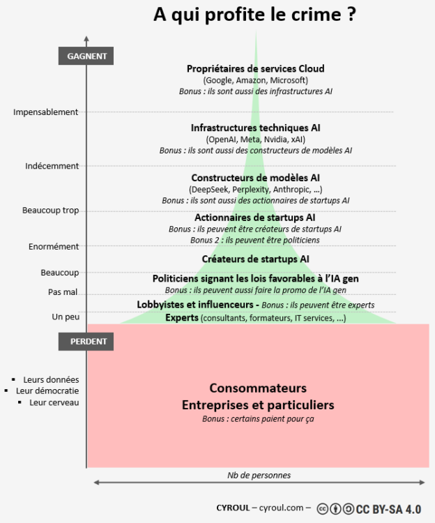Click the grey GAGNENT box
tap(86, 56)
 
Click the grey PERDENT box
tap(86, 342)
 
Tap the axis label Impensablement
tap(46, 112)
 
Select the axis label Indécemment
tap(52, 166)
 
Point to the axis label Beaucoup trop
tap(51, 210)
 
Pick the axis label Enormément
tap(54, 246)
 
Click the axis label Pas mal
tap(63, 292)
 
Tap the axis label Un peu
tap(66, 317)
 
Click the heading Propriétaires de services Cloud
tap(256, 68)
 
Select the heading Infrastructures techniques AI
tap(256, 128)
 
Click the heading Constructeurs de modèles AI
tap(256, 178)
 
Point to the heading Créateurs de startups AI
tap(256, 259)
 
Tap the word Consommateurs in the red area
tap(258, 388)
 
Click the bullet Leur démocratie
tap(47, 391)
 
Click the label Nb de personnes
tap(259, 475)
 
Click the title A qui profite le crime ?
tap(255, 15)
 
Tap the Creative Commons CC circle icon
tap(323, 509)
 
